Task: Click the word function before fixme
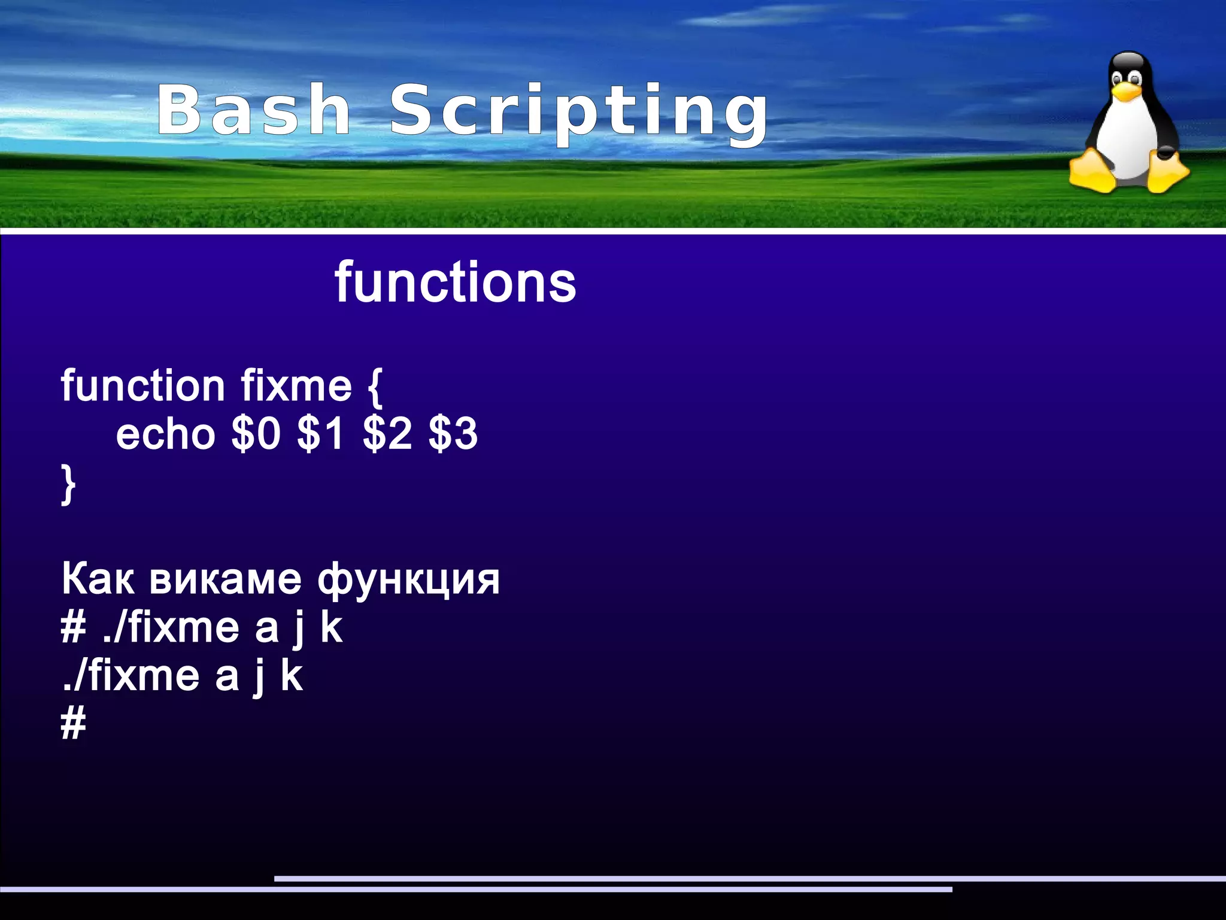(x=142, y=385)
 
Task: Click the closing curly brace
(x=68, y=484)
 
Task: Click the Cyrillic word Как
(x=98, y=579)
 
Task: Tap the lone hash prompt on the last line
(x=74, y=724)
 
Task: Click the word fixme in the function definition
(x=296, y=385)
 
